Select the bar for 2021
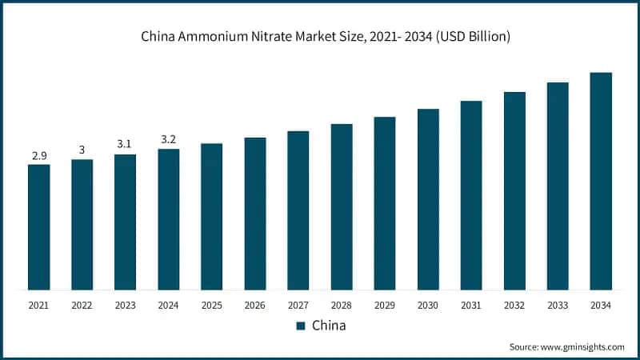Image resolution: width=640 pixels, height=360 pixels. [x=38, y=227]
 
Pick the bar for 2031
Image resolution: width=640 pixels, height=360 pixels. [x=471, y=195]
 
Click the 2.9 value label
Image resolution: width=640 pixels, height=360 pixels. [x=38, y=155]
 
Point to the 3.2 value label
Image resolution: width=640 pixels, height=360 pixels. [x=168, y=139]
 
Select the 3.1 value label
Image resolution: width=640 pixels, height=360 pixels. [x=125, y=145]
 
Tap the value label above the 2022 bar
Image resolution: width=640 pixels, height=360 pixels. [x=82, y=150]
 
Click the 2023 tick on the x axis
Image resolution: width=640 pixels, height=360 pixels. [x=125, y=305]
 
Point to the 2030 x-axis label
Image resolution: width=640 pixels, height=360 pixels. [x=428, y=305]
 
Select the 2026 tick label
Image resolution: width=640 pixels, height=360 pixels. [x=254, y=305]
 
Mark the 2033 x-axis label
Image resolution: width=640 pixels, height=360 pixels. [x=558, y=305]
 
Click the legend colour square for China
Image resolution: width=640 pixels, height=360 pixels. [x=301, y=326]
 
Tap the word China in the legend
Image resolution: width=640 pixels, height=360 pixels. [x=328, y=326]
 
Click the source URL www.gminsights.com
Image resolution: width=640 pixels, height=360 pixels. [x=581, y=346]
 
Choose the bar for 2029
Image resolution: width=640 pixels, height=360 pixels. [x=385, y=203]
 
